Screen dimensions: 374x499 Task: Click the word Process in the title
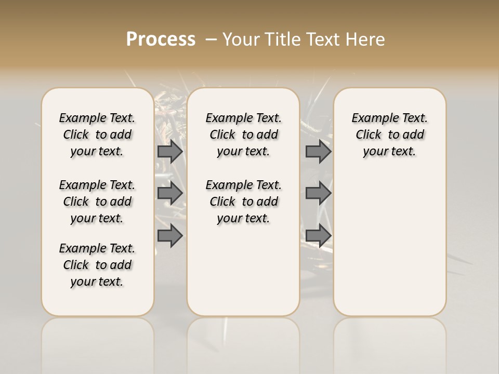pyautogui.click(x=161, y=39)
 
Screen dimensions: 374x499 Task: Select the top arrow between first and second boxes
pyautogui.click(x=170, y=151)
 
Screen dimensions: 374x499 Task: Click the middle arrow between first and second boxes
pyautogui.click(x=170, y=193)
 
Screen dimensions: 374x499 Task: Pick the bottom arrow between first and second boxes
pyautogui.click(x=170, y=235)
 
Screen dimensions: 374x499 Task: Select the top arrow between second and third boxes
pyautogui.click(x=318, y=151)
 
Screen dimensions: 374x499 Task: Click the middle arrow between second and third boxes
pyautogui.click(x=318, y=193)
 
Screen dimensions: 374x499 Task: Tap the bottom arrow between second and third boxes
pyautogui.click(x=318, y=235)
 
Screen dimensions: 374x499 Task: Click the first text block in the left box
pyautogui.click(x=97, y=135)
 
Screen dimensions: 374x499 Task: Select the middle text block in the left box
pyautogui.click(x=97, y=202)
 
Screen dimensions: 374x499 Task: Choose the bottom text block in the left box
pyautogui.click(x=97, y=265)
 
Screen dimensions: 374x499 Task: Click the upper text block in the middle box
pyautogui.click(x=243, y=135)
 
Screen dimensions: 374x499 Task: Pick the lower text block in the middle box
pyautogui.click(x=243, y=202)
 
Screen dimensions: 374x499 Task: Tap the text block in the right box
pyautogui.click(x=390, y=135)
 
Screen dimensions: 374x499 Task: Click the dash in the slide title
pyautogui.click(x=212, y=40)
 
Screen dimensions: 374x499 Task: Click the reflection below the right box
pyautogui.click(x=390, y=343)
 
